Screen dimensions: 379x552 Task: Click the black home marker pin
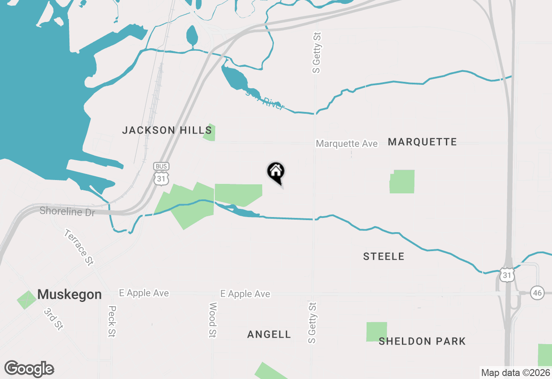tap(276, 172)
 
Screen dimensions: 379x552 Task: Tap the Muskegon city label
tap(69, 295)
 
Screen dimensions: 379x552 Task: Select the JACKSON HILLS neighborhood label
tap(167, 130)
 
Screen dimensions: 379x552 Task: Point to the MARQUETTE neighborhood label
tap(422, 142)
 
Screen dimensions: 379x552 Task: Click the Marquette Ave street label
tap(347, 143)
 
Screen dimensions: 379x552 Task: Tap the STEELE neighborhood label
tap(384, 257)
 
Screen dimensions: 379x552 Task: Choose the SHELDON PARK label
tap(422, 342)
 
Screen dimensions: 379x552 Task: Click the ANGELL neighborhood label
tap(269, 334)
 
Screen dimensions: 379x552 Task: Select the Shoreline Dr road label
tap(67, 211)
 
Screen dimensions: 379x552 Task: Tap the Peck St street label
tap(113, 321)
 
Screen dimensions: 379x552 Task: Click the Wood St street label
tap(213, 320)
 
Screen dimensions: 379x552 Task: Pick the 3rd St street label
tap(54, 319)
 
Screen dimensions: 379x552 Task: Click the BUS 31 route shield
tap(160, 174)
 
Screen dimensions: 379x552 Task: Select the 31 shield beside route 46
tap(507, 275)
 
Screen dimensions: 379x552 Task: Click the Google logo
tap(29, 369)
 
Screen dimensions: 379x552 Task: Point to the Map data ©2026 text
tap(515, 373)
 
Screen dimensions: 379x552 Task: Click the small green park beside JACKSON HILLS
tap(210, 132)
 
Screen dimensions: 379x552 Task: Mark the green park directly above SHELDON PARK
tap(376, 332)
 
